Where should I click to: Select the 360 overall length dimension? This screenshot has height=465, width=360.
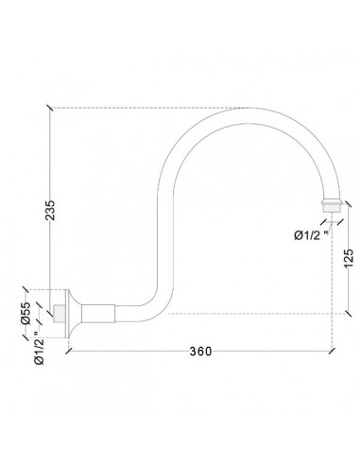pos(200,351)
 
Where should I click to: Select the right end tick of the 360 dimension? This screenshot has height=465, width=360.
pos(332,351)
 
